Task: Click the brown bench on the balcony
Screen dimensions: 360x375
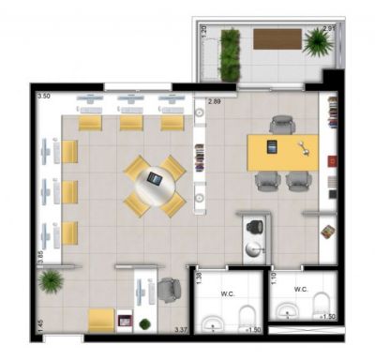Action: [x=277, y=39]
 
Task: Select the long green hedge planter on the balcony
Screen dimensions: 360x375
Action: [x=228, y=54]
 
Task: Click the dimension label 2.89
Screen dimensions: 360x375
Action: [x=215, y=101]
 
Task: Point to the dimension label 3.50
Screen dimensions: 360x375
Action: [x=43, y=97]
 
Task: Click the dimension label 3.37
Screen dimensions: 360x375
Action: [x=182, y=330]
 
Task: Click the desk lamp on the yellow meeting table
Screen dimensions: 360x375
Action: [x=302, y=147]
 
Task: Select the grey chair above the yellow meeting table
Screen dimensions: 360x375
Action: [x=281, y=124]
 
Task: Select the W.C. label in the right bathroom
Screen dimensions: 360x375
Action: [x=300, y=289]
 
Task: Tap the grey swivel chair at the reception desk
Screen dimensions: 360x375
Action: [x=168, y=292]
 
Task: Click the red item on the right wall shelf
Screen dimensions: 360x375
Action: [x=331, y=161]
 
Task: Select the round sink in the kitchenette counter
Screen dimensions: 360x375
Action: [x=255, y=248]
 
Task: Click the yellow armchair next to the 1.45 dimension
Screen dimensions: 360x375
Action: [x=101, y=320]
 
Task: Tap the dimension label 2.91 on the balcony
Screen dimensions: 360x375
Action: [x=328, y=29]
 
